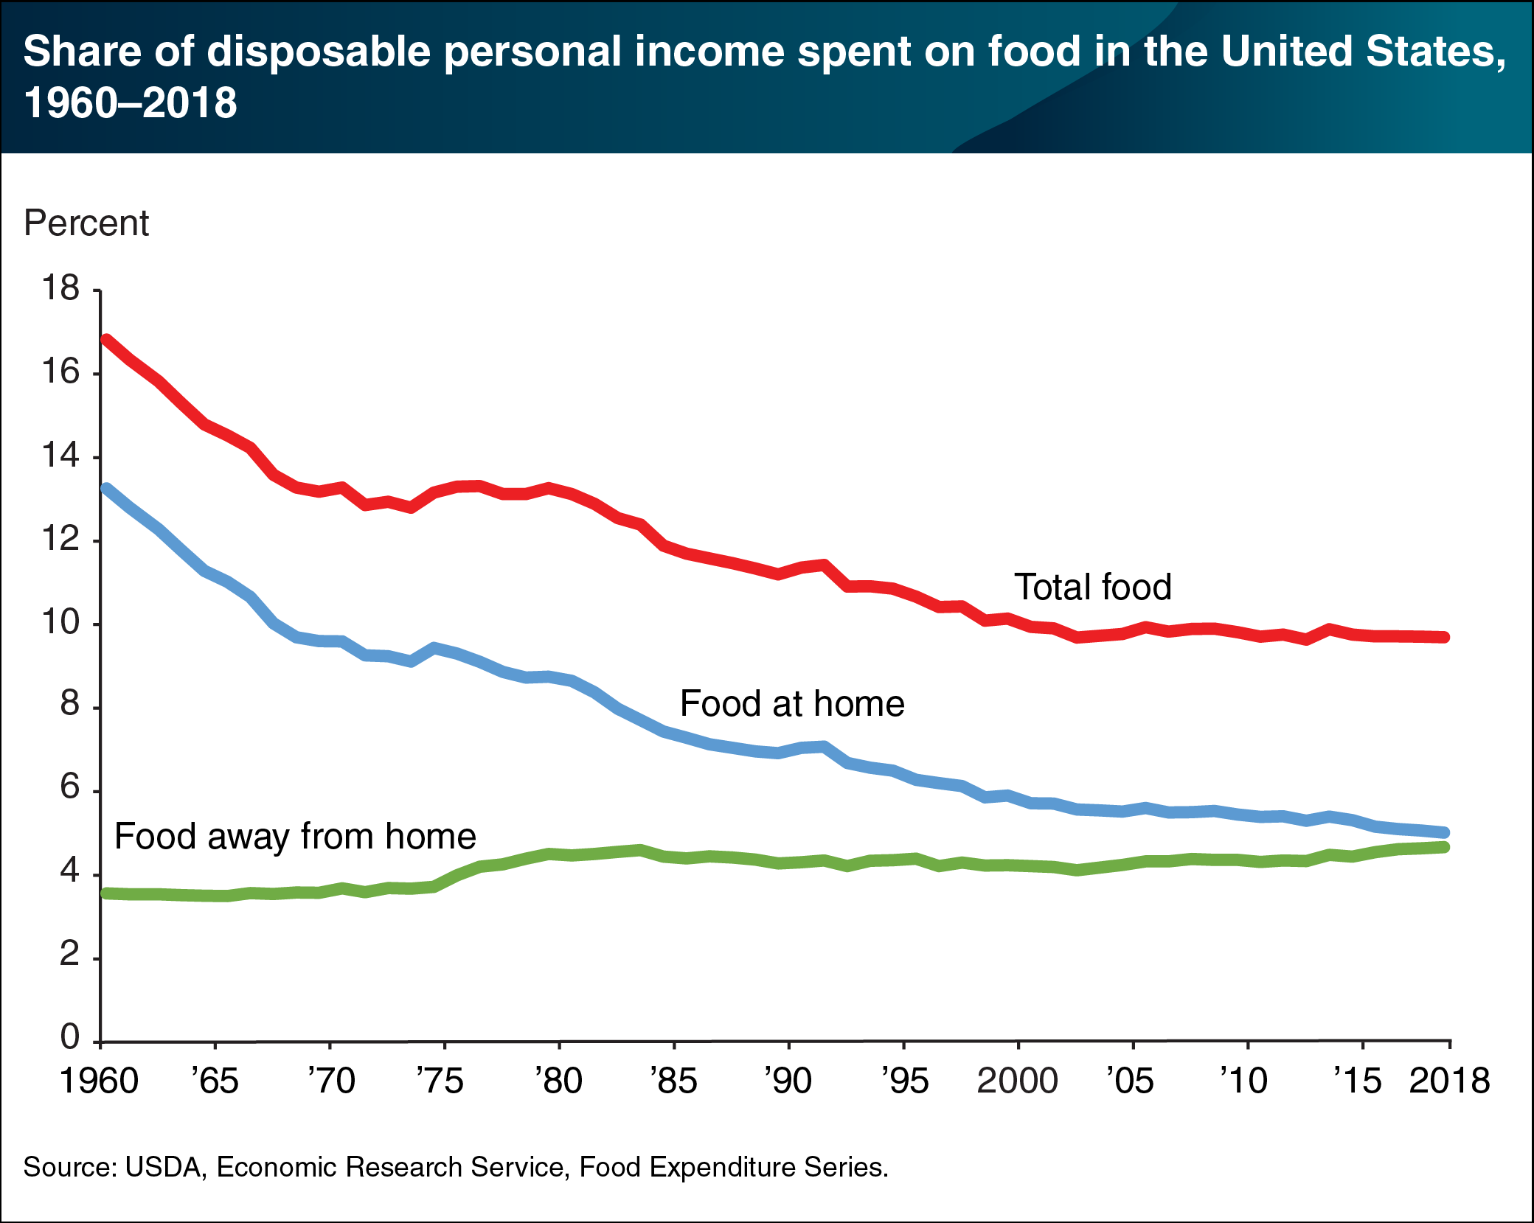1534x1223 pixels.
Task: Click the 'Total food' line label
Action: (x=1092, y=588)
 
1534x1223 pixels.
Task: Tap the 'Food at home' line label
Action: (x=791, y=704)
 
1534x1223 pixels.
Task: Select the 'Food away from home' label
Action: (x=295, y=837)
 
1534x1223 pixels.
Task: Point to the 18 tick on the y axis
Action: (x=60, y=288)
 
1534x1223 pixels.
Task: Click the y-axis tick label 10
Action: (x=60, y=623)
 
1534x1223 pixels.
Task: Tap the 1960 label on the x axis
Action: (x=99, y=1081)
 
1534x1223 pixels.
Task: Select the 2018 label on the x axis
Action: (x=1449, y=1081)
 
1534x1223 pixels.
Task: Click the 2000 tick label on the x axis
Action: (x=1017, y=1081)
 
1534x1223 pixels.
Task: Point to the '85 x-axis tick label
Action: (x=673, y=1081)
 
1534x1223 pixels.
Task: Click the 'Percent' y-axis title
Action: (x=86, y=223)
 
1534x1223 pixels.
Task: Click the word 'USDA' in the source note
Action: (x=163, y=1168)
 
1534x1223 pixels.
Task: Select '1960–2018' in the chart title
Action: (x=131, y=102)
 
